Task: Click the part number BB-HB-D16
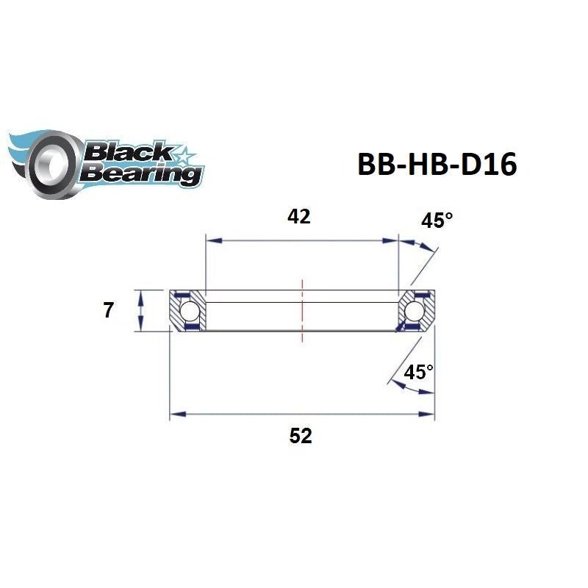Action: click(437, 165)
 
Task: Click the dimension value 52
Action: click(300, 436)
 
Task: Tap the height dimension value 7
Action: click(108, 311)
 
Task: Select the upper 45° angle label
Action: click(437, 220)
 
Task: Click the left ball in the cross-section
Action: click(188, 311)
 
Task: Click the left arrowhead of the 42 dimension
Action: click(212, 240)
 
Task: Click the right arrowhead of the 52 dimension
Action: click(429, 415)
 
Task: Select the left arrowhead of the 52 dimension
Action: click(176, 415)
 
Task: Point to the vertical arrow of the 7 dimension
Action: click(140, 311)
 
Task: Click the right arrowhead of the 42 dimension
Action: click(392, 240)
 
